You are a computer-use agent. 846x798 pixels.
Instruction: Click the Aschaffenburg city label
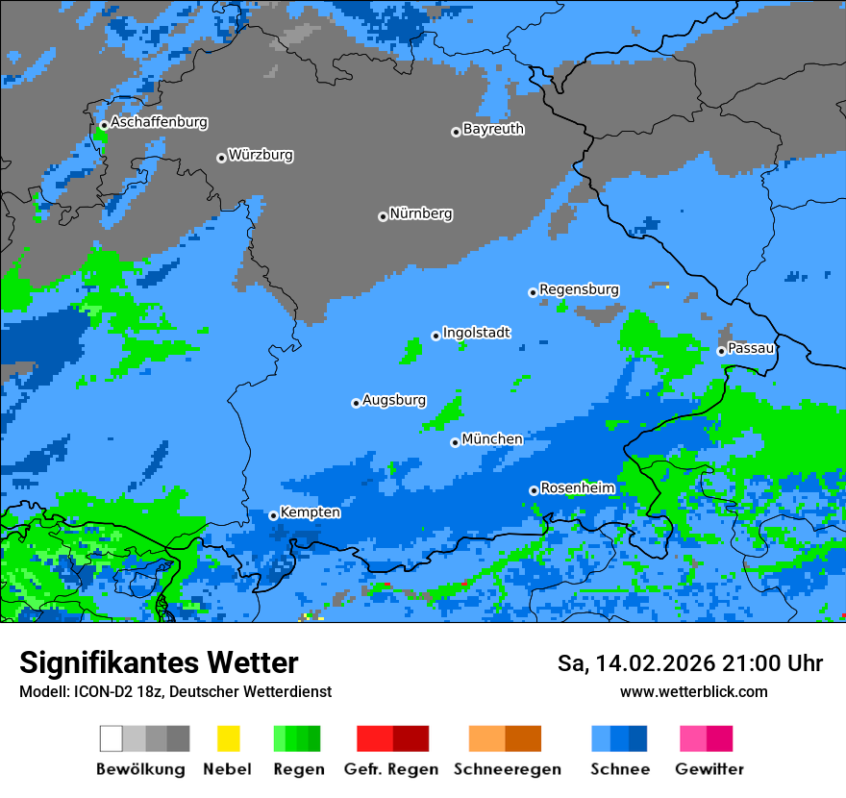159,123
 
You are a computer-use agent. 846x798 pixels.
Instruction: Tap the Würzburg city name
261,156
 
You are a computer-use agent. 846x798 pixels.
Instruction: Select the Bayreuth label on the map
493,129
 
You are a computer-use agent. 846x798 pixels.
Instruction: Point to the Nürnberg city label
420,214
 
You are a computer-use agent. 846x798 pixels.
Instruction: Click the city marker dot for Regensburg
533,292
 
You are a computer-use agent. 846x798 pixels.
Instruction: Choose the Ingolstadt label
476,334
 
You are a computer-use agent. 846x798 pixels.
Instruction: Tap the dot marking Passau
721,351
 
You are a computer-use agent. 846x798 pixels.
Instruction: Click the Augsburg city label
393,401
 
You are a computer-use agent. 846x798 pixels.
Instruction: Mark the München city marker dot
455,442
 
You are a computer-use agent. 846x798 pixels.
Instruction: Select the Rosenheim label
577,488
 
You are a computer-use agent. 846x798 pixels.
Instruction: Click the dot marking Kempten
273,515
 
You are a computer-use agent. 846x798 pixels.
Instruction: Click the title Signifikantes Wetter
159,663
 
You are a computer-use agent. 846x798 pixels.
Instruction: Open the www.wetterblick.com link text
693,692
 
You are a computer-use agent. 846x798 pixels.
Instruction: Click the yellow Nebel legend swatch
228,738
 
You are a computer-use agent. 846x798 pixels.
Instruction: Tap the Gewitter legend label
709,769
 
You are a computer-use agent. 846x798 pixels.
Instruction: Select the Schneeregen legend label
507,769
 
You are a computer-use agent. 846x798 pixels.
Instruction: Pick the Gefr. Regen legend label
391,769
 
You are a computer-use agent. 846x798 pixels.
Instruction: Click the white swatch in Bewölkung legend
112,738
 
